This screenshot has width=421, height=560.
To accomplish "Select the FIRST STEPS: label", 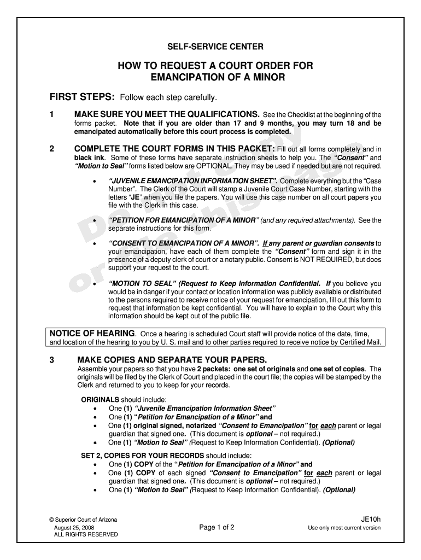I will pyautogui.click(x=82, y=97).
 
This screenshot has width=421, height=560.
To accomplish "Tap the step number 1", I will pyautogui.click(x=51, y=115).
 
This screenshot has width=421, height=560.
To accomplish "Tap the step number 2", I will pyautogui.click(x=51, y=149).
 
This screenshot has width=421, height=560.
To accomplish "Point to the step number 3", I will pyautogui.click(x=51, y=360).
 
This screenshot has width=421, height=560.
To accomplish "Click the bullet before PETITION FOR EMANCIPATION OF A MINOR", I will pyautogui.click(x=96, y=221).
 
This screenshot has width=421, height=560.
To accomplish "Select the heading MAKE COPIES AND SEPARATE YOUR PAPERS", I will pyautogui.click(x=172, y=360).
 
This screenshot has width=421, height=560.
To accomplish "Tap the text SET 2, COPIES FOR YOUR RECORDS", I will pyautogui.click(x=143, y=456).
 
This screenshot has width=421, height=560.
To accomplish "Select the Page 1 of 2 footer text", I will pyautogui.click(x=217, y=528).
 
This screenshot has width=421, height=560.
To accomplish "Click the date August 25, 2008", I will pyautogui.click(x=74, y=527).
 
